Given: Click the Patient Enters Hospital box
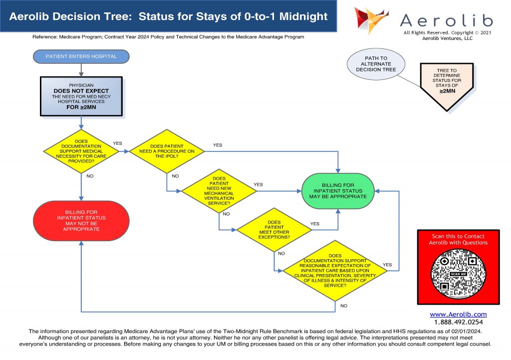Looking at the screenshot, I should pos(81,56).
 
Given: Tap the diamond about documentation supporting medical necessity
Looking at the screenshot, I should pos(81,151).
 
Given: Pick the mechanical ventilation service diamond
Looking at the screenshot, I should pos(219,191).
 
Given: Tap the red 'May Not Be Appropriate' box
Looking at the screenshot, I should pos(81,221).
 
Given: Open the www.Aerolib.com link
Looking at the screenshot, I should pos(458,315).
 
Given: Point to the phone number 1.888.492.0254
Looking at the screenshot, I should pos(458,323).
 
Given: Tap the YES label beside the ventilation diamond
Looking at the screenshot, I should pos(258,185).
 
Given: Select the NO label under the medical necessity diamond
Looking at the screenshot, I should pos(90,176).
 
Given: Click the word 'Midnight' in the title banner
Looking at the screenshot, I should pos(304,16).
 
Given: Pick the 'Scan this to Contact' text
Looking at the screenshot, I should pos(458,236).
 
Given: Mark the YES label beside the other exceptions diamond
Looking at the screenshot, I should pos(315,224).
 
